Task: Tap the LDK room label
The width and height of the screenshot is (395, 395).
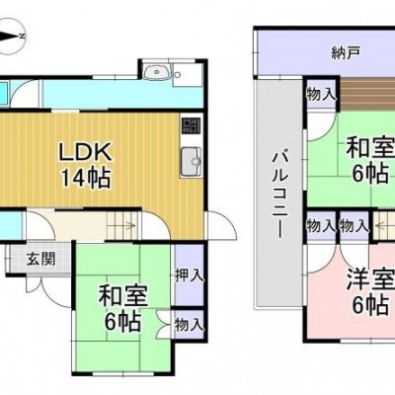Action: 85,152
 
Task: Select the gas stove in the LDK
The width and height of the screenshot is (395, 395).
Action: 191,125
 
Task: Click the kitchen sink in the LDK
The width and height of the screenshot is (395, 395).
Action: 191,162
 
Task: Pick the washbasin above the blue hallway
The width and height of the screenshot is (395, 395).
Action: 157,71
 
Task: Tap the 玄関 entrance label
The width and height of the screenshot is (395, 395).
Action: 40,260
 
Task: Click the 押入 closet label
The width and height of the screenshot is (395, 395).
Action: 189,276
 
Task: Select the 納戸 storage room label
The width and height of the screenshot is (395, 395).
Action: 346,52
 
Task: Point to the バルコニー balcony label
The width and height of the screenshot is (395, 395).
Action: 279,195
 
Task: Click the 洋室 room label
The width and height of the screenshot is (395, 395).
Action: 371,280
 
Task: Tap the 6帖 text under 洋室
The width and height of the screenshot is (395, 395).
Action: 369,305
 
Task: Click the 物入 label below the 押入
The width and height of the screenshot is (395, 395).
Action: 189,325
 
